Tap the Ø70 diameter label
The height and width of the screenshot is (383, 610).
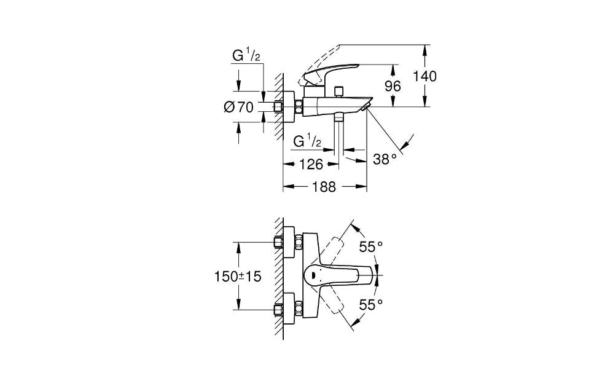pos(239,108)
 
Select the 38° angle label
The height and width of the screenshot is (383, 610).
pos(385,159)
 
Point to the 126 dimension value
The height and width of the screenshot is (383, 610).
pos(311,164)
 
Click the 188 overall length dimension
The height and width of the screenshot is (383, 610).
pos(323,188)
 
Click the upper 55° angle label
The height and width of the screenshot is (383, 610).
pos(371,247)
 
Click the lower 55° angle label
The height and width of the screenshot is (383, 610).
pos(371,304)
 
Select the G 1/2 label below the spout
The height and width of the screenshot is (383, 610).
pos(307,141)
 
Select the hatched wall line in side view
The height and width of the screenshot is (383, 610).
pos(278,105)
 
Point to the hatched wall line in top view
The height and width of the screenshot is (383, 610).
pos(278,277)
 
